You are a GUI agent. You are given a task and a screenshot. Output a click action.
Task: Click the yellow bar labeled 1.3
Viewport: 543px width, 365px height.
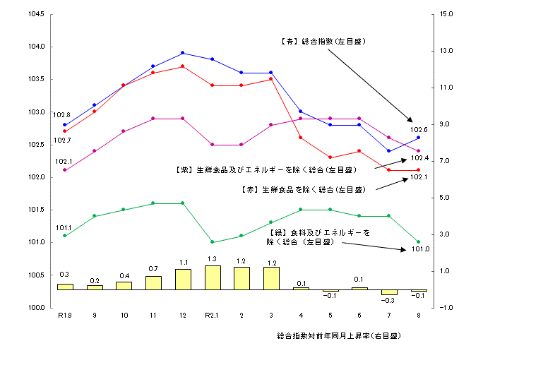point(213,277)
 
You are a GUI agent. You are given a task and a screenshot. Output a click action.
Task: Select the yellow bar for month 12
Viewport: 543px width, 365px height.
point(183,279)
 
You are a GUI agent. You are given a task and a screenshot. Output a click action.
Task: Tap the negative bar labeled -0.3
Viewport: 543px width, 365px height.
point(389,292)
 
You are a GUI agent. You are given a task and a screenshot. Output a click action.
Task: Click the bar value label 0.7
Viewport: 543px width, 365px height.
point(153,269)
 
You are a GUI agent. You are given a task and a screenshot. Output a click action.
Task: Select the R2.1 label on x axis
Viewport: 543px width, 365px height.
point(213,315)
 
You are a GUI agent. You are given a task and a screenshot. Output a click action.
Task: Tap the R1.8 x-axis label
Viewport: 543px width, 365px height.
point(64,315)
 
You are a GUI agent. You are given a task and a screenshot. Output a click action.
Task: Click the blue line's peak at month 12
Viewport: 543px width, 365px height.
point(183,53)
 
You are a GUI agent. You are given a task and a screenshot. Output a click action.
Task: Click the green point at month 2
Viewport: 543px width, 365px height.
point(241,236)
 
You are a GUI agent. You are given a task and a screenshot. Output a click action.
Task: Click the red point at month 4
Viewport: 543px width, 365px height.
point(301,138)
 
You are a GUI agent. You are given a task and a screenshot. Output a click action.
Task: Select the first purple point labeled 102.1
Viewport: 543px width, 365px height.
point(65,170)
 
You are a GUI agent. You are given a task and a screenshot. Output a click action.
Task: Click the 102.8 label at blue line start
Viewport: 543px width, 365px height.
point(61,114)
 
